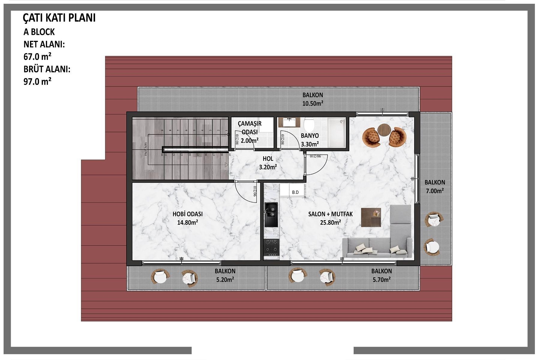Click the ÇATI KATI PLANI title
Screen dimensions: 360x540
[59, 18]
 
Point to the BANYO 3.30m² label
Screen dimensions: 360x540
[310, 140]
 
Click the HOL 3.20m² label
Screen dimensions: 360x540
[268, 163]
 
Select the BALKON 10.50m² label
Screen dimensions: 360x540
[313, 99]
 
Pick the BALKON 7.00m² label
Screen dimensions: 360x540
[435, 186]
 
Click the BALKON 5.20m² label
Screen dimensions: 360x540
[225, 275]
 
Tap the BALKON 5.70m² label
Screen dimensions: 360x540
[381, 275]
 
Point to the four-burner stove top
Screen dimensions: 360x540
[271, 247]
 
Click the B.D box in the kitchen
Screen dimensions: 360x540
[295, 192]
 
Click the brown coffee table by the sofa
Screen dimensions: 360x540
[371, 217]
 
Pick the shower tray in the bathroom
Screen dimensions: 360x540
[336, 132]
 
